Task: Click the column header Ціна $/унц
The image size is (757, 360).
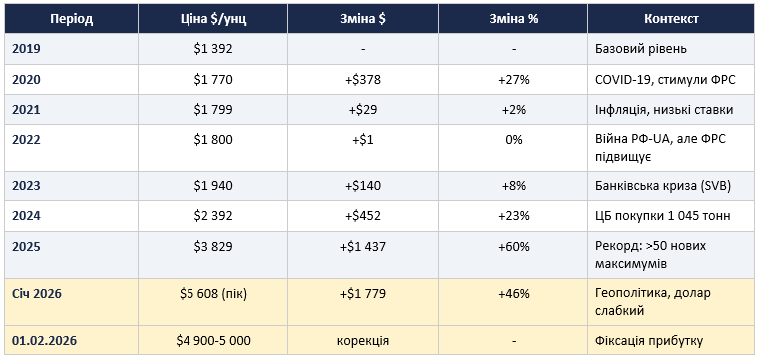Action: tap(212, 19)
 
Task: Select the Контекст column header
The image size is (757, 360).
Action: tap(671, 19)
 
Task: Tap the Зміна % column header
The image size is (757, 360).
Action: tap(514, 19)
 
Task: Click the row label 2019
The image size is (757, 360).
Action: tap(26, 49)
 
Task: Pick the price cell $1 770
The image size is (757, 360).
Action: tap(212, 79)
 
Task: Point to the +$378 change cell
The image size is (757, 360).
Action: tap(363, 79)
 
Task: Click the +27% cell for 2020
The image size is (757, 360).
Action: tap(514, 79)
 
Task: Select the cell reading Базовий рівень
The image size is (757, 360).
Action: tap(641, 49)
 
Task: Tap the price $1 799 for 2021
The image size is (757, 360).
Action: tap(212, 110)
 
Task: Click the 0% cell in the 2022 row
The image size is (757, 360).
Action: tap(514, 140)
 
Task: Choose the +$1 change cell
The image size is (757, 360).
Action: tap(363, 140)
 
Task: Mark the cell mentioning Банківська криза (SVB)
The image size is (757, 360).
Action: tap(663, 186)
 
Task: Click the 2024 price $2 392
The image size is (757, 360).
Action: tap(212, 216)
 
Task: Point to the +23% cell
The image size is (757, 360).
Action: tap(514, 216)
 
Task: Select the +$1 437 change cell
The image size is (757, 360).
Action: tap(363, 247)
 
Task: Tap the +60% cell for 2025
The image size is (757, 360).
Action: tap(514, 247)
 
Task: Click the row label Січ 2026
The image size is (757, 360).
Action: tap(37, 293)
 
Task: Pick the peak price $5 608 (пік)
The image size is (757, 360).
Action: tap(212, 293)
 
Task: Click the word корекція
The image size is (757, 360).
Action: tap(363, 341)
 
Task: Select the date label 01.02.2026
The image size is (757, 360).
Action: tap(44, 341)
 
